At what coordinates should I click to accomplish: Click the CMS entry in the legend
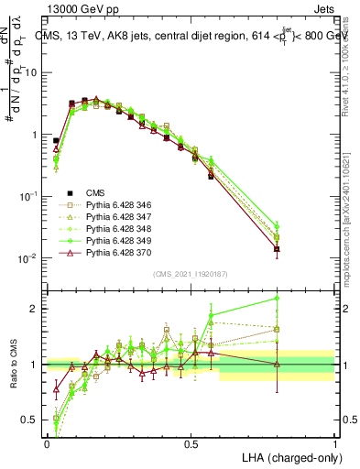tap(96, 193)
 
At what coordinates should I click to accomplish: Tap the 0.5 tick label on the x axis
tap(191, 442)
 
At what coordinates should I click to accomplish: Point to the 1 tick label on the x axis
tap(334, 442)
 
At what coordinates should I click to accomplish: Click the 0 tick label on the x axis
tap(47, 442)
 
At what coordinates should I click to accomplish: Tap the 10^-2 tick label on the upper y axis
tap(27, 258)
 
